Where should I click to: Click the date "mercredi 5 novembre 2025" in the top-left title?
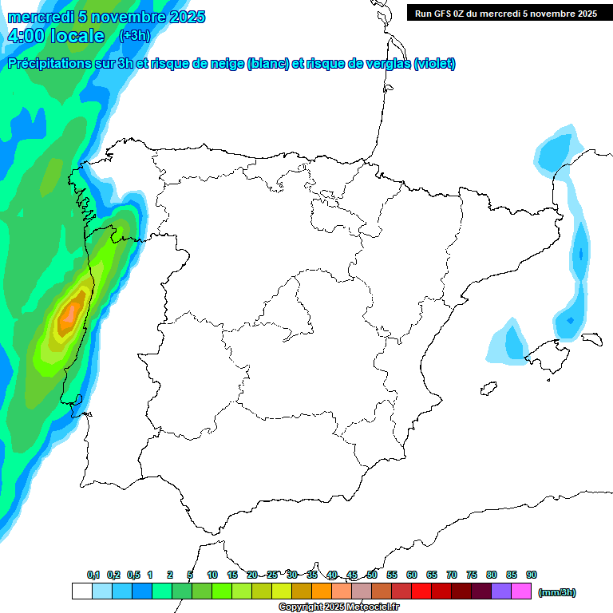click(x=106, y=17)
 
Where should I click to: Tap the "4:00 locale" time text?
click(x=56, y=36)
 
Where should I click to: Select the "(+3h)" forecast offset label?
click(x=134, y=35)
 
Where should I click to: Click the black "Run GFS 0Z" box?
click(x=505, y=13)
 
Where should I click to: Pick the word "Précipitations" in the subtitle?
click(x=49, y=64)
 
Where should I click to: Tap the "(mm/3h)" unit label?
click(x=557, y=592)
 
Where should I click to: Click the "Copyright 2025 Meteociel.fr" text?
click(x=338, y=607)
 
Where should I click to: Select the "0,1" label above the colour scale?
click(x=93, y=575)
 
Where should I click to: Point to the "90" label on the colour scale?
click(x=531, y=575)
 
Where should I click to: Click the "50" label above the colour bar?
click(x=372, y=575)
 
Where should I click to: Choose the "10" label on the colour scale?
click(x=212, y=575)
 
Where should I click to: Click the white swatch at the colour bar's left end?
click(x=81, y=591)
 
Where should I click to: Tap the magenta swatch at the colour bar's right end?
click(x=520, y=591)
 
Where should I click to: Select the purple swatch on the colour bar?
click(x=500, y=591)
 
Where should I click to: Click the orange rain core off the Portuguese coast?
click(x=70, y=314)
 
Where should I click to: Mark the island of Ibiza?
click(x=489, y=389)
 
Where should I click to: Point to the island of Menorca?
click(x=591, y=338)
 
